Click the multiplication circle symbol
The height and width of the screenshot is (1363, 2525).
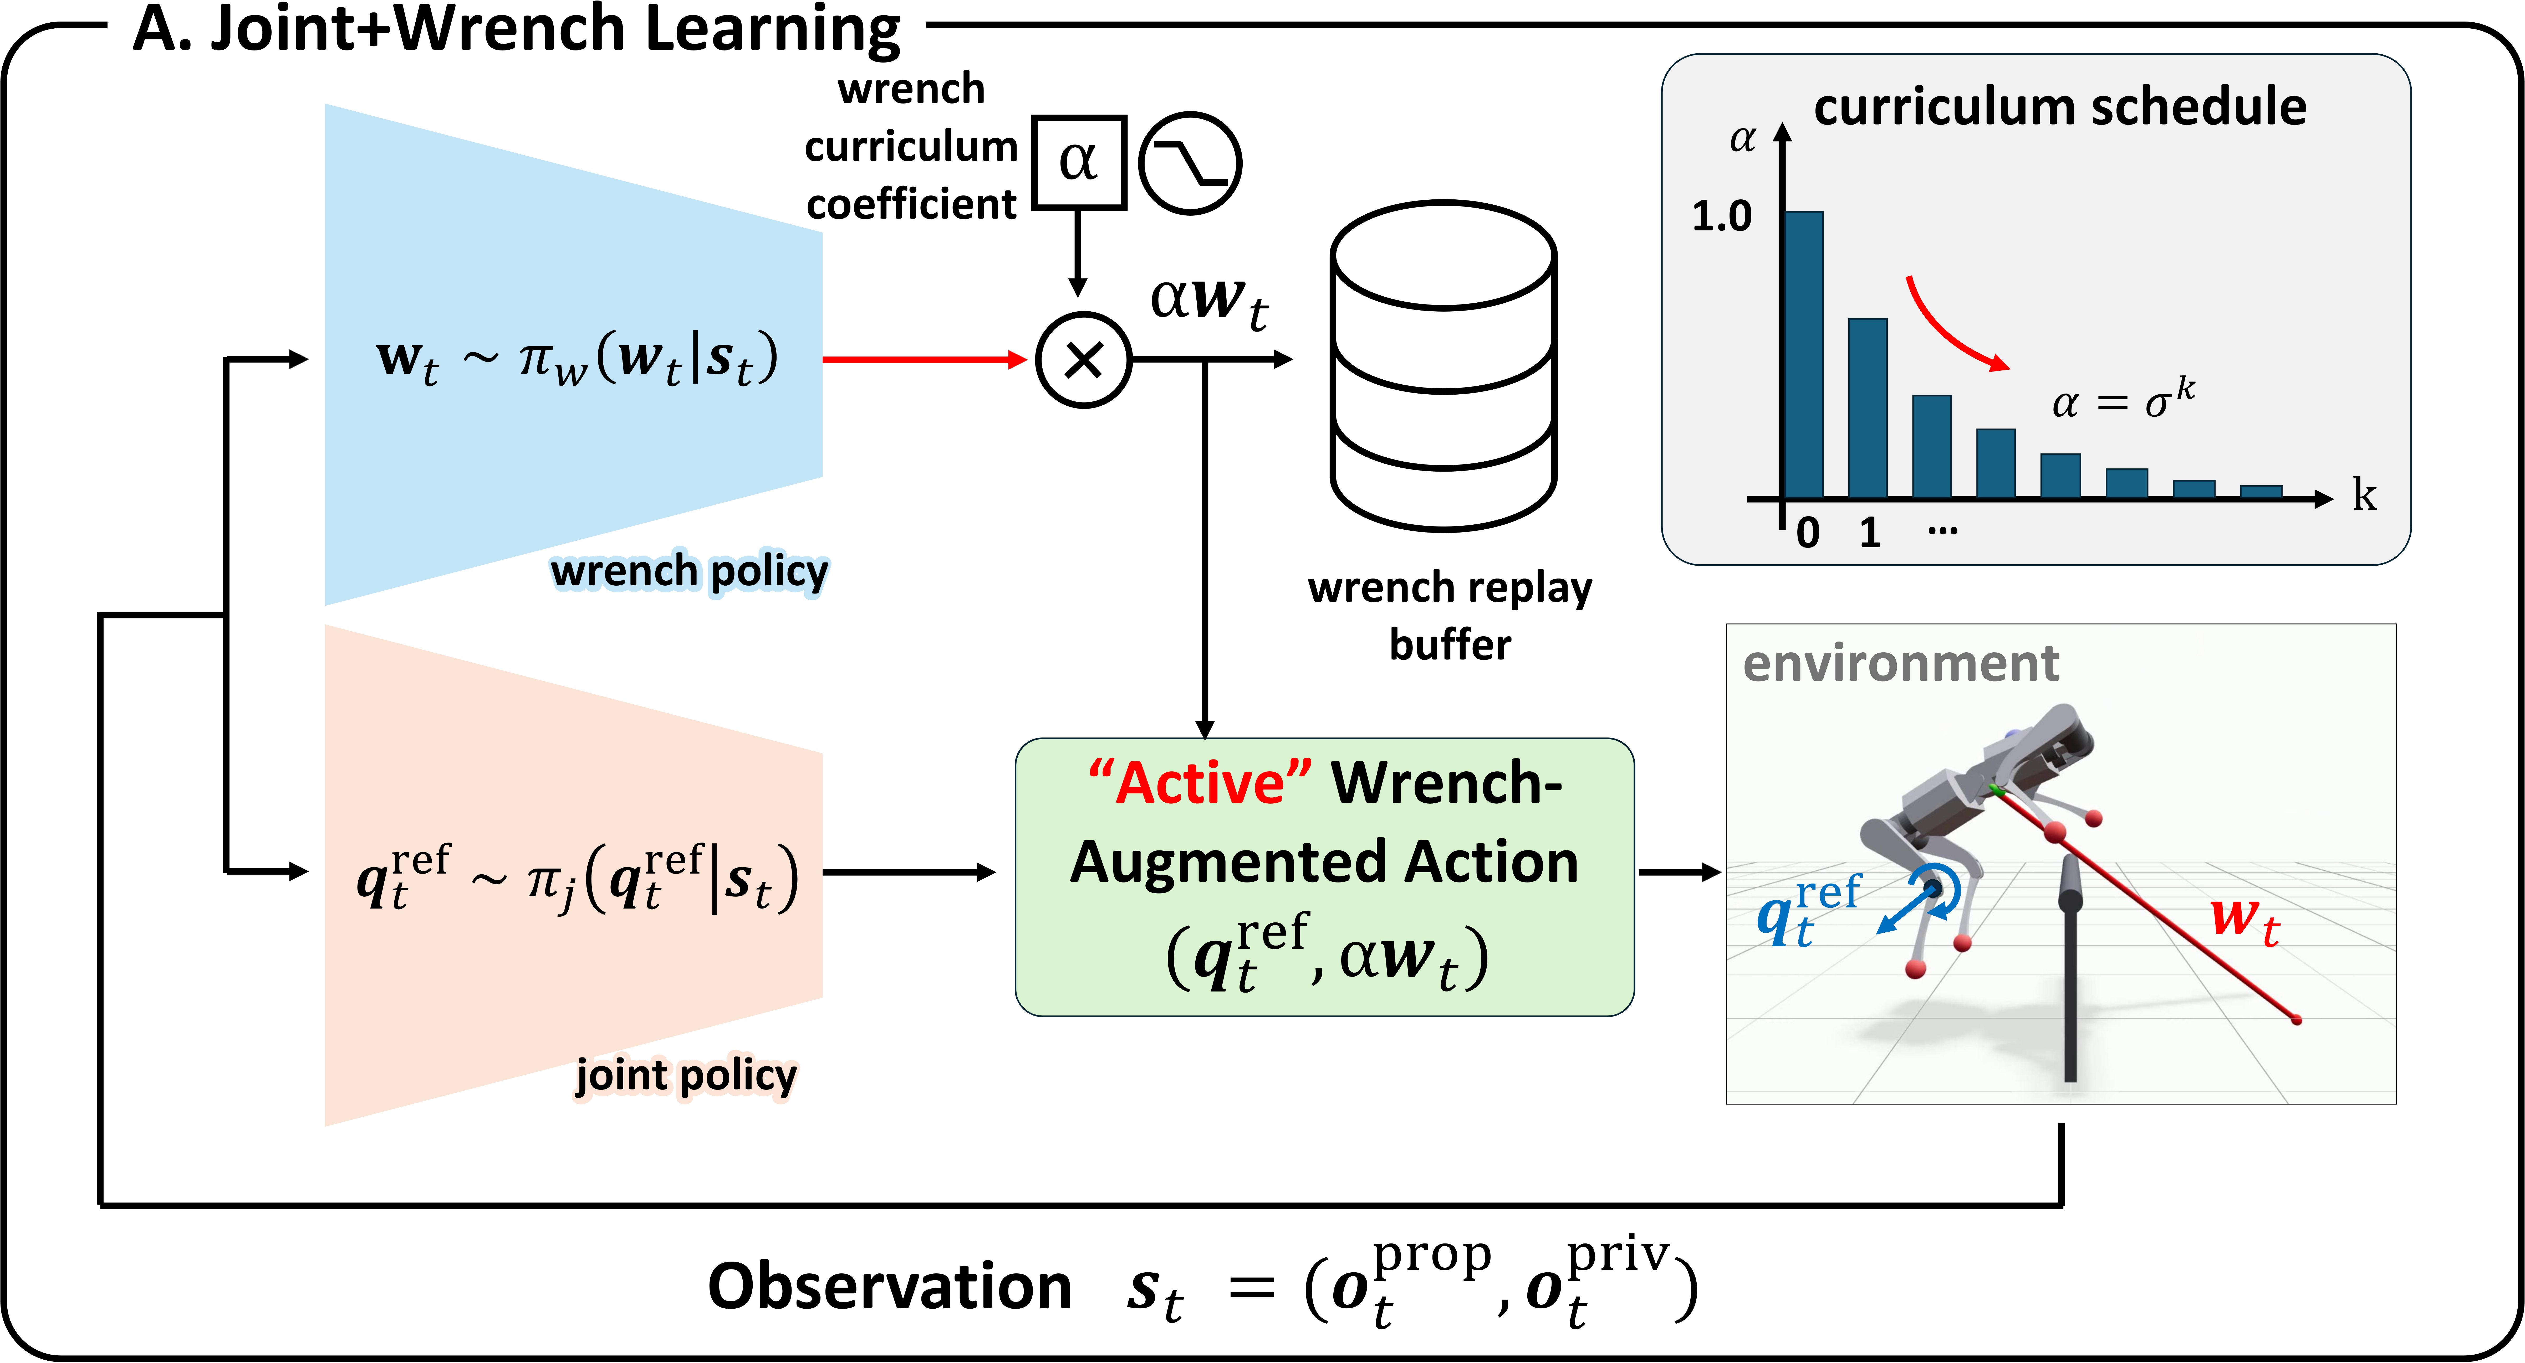click(1083, 360)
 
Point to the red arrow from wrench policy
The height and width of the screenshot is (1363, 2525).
click(924, 360)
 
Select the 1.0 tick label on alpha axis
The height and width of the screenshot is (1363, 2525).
click(1721, 216)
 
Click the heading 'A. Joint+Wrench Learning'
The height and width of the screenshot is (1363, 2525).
click(517, 29)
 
